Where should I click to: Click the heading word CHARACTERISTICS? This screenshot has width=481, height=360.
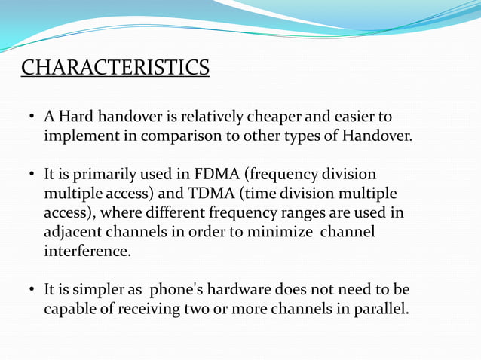(115, 67)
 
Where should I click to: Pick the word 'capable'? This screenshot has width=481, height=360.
(71, 310)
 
